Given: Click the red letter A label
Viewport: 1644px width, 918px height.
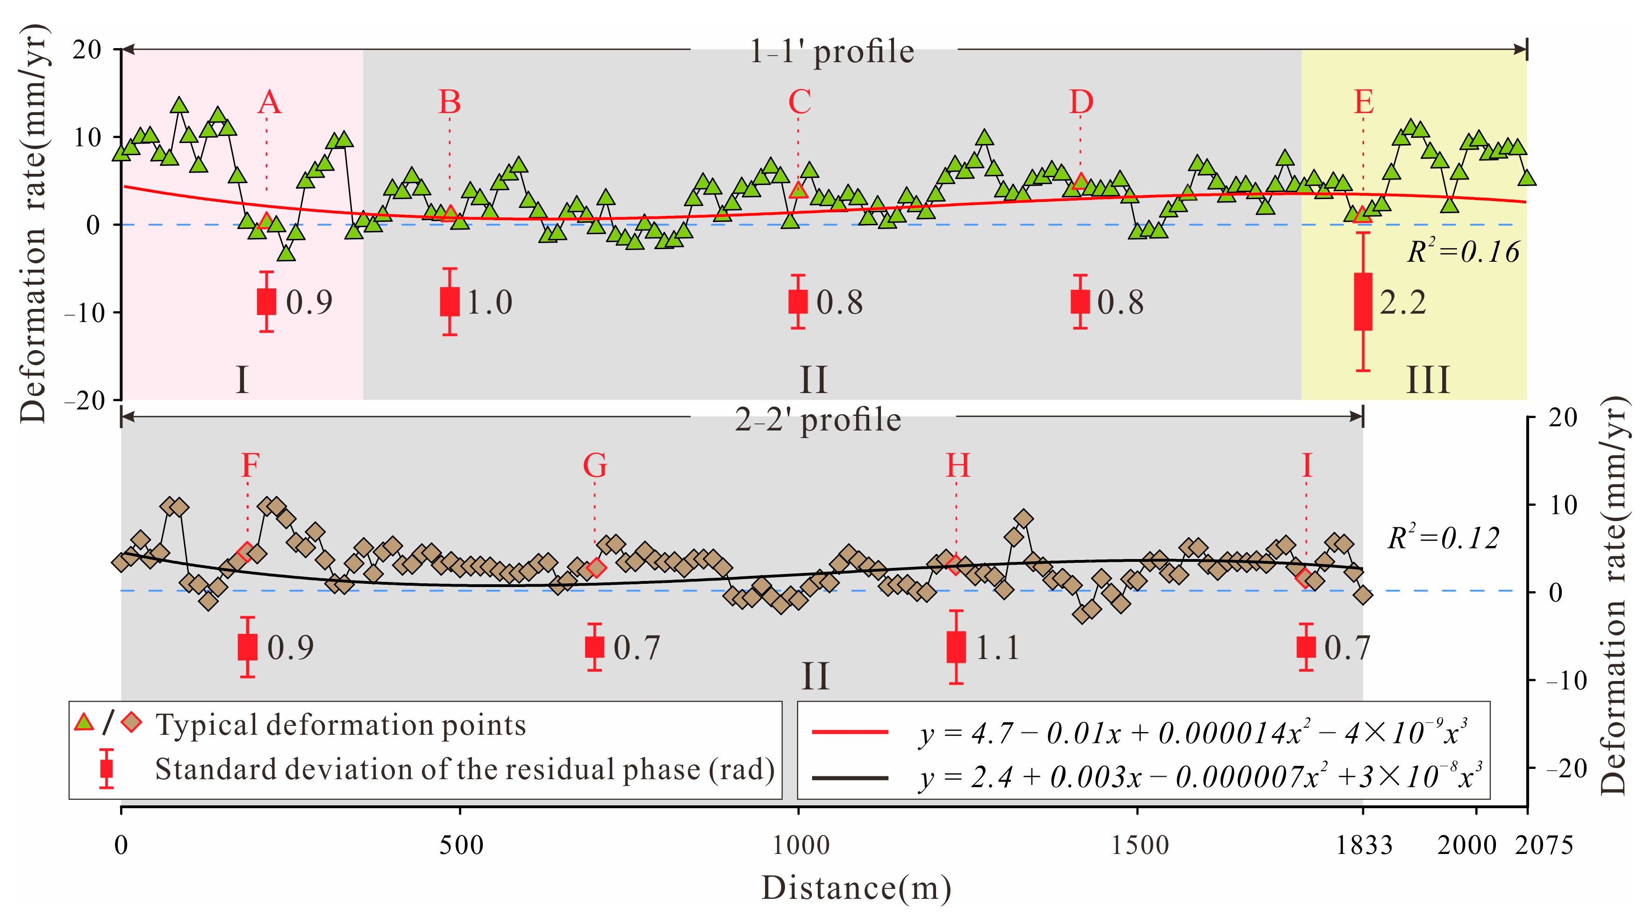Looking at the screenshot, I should pyautogui.click(x=269, y=102).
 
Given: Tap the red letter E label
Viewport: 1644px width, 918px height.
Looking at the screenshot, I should pyautogui.click(x=1363, y=102).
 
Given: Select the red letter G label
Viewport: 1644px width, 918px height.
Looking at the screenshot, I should pyautogui.click(x=595, y=466).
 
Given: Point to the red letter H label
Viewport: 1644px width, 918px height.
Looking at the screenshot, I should pyautogui.click(x=958, y=466).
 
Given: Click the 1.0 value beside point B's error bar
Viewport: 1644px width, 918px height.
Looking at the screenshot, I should pyautogui.click(x=489, y=302).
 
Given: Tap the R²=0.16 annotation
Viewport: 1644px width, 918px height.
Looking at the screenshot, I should pyautogui.click(x=1463, y=251).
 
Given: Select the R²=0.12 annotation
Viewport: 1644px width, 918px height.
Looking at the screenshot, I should pyautogui.click(x=1443, y=538).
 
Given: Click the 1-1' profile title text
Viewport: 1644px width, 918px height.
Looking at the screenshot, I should pyautogui.click(x=831, y=51).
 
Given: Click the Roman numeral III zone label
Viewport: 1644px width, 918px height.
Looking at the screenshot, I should pyautogui.click(x=1428, y=380).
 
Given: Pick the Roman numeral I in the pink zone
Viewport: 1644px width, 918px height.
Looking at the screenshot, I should pyautogui.click(x=242, y=380).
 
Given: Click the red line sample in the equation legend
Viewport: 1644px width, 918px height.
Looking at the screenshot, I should pyautogui.click(x=850, y=732).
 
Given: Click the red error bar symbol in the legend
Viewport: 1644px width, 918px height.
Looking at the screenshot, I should pyautogui.click(x=107, y=768).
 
